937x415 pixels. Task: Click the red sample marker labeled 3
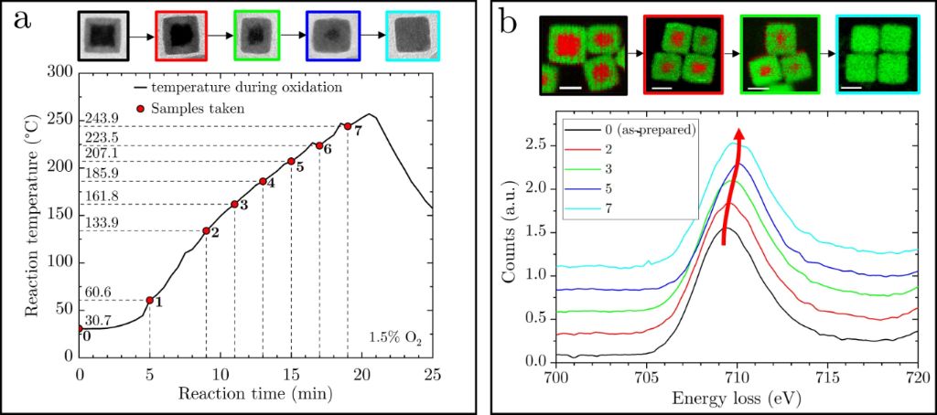tap(234, 204)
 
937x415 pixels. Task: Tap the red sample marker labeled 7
tap(348, 126)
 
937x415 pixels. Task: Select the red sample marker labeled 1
tap(149, 300)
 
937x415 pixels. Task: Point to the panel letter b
tap(509, 25)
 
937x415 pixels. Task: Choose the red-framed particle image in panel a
tap(182, 36)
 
